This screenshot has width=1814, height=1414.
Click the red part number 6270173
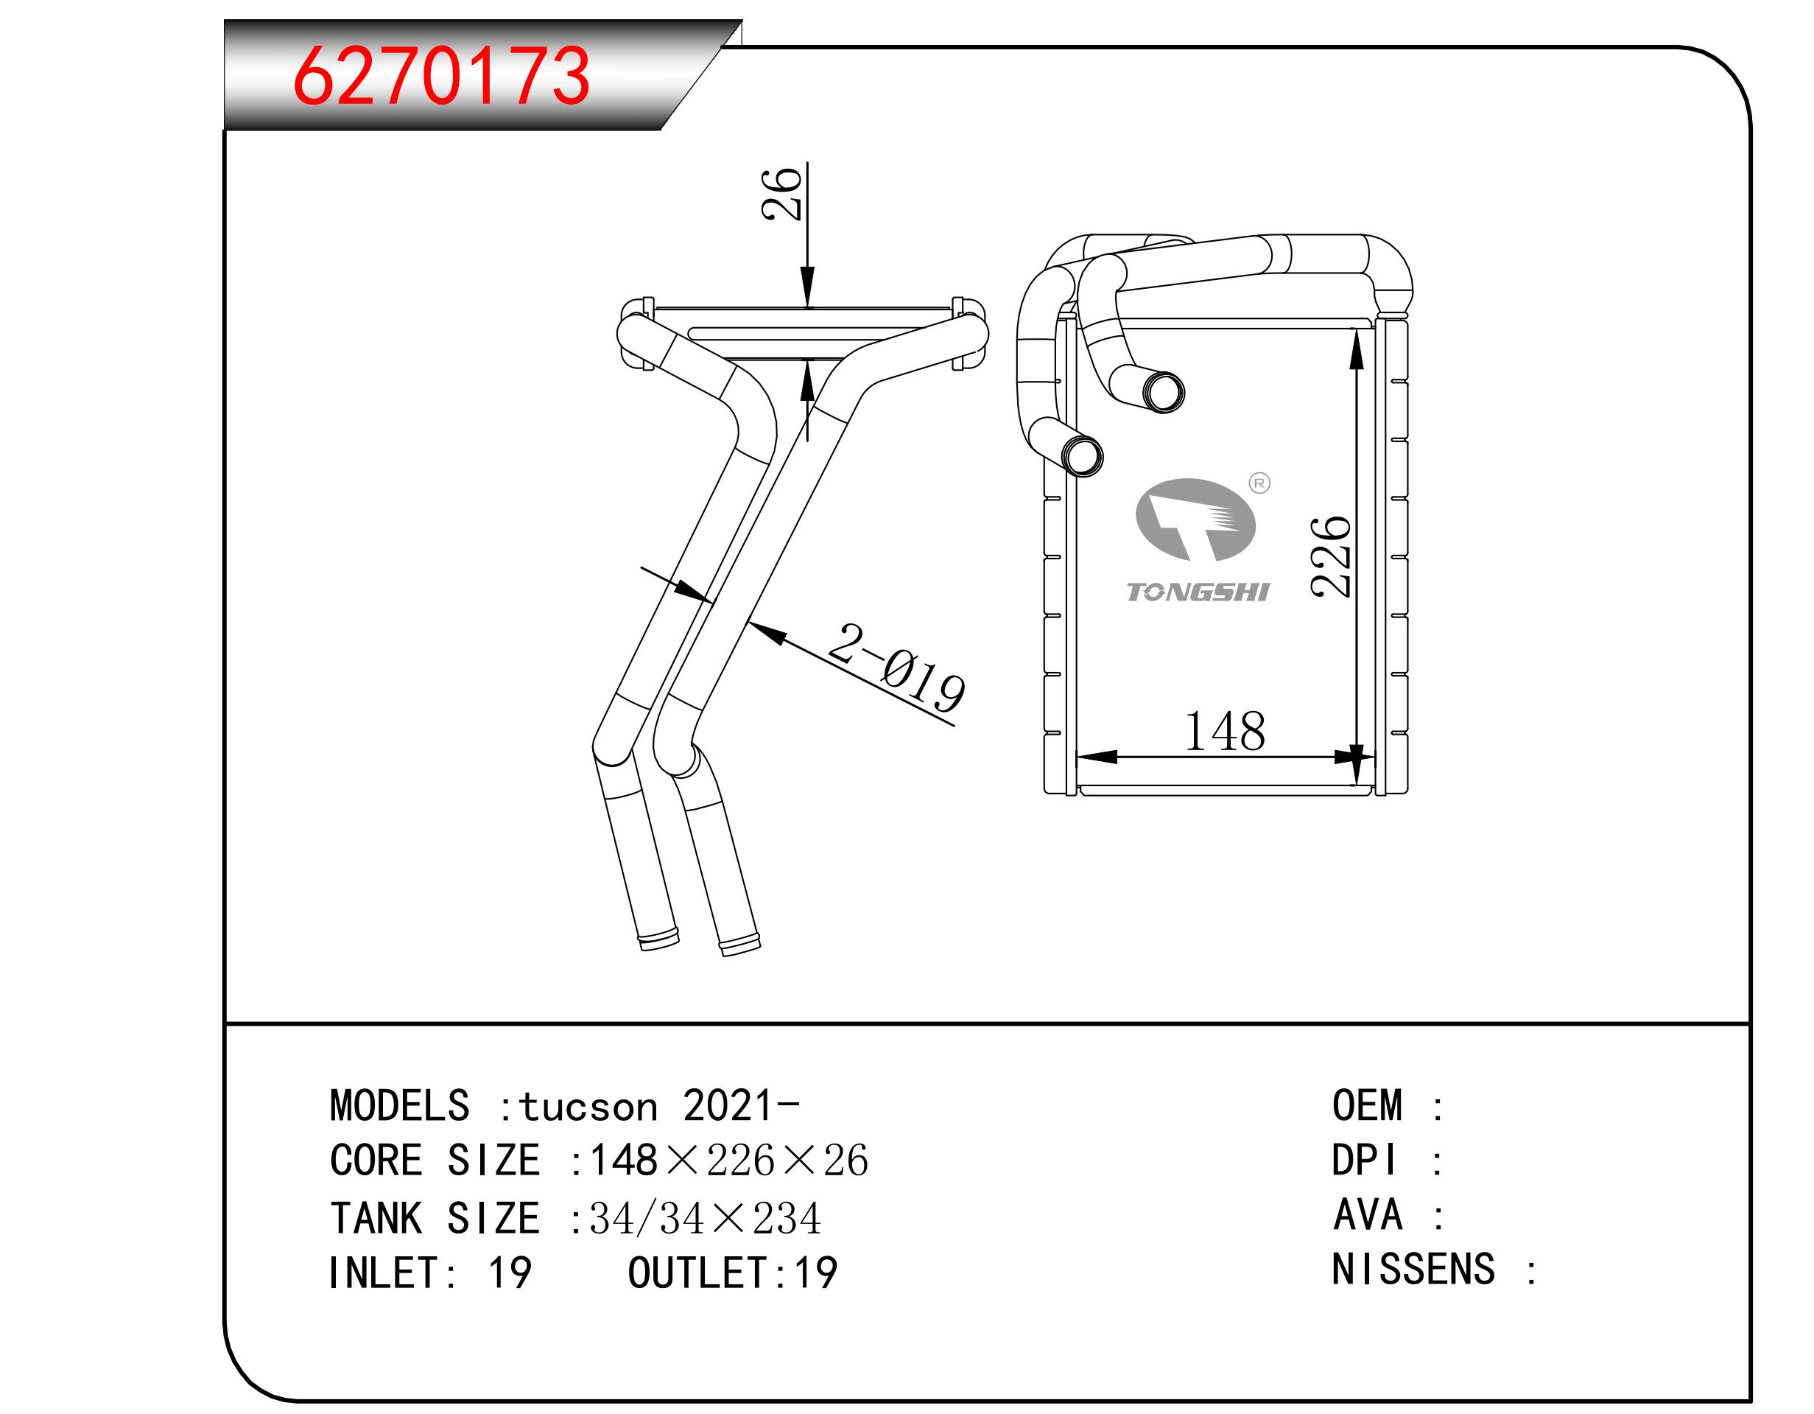pos(441,77)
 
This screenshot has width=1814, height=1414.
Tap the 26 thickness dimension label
pos(781,193)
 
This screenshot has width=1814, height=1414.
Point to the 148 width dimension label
pos(1224,732)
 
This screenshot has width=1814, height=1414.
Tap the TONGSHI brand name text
pos(1198,592)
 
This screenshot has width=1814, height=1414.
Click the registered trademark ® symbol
pos(1260,483)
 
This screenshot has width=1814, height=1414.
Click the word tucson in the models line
pos(588,1107)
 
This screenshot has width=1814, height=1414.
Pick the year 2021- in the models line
pos(741,1107)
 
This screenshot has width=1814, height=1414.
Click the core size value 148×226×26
pos(728,1161)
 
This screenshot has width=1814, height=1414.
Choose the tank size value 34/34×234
pos(704,1219)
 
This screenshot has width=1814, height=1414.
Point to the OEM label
pos(1367,1107)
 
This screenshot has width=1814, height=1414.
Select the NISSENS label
pos(1413,1270)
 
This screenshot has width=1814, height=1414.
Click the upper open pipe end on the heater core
pos(1163,392)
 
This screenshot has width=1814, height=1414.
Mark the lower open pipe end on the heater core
pos(1082,456)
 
